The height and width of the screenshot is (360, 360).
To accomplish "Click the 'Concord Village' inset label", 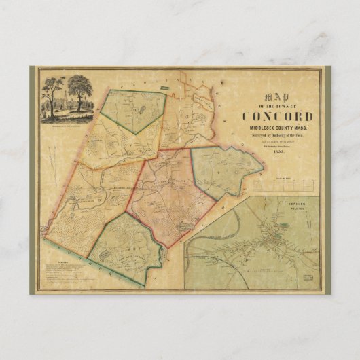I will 296,206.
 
